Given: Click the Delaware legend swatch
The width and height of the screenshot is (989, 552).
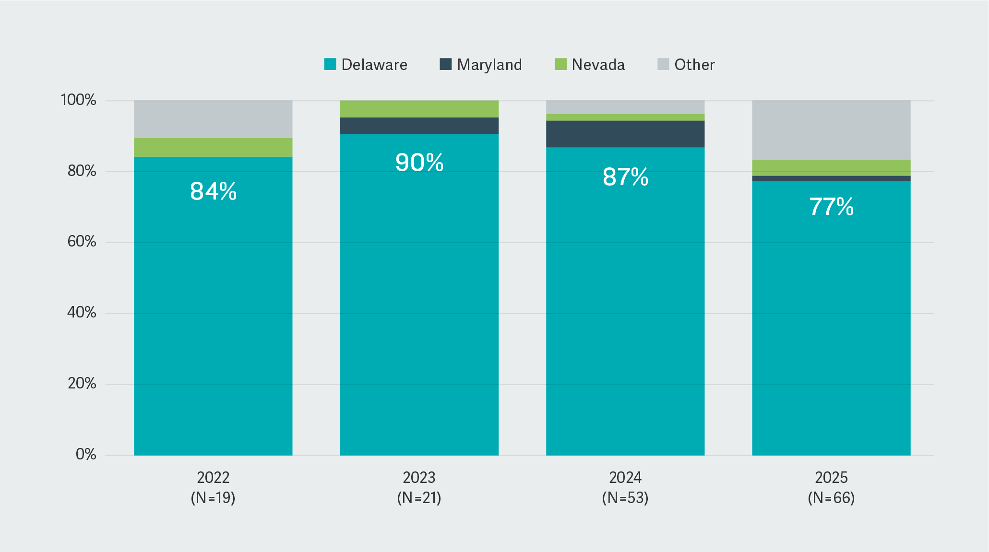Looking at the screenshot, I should [x=330, y=64].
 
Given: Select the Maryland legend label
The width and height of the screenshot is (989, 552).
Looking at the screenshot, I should [x=489, y=65].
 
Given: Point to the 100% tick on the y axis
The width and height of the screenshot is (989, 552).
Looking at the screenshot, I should [x=79, y=100].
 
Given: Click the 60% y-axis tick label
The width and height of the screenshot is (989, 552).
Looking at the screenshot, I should [x=82, y=242].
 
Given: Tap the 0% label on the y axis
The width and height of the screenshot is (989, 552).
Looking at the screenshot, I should [x=86, y=455].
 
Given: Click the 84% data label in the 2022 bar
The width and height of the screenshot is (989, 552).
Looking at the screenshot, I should [x=213, y=191].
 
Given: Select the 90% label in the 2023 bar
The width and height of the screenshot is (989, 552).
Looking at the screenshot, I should [x=419, y=163].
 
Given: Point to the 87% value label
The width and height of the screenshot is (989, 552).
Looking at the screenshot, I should [x=625, y=177].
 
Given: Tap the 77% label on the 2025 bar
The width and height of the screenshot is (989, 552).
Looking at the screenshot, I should [x=831, y=207].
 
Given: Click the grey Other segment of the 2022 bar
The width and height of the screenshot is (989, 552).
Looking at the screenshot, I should [x=213, y=119].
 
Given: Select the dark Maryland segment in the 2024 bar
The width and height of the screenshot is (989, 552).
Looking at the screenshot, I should [x=625, y=134].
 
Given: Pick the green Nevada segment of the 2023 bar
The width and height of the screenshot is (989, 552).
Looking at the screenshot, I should [x=419, y=109].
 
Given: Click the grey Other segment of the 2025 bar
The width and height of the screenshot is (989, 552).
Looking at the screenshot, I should [x=831, y=129].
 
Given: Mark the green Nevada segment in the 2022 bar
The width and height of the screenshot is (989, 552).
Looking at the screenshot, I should [x=213, y=147].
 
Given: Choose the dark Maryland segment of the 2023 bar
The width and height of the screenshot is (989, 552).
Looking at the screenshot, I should [x=419, y=126].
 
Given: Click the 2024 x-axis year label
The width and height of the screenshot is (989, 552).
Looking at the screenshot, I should [x=625, y=478].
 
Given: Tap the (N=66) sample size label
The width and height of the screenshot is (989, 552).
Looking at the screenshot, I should [x=831, y=498].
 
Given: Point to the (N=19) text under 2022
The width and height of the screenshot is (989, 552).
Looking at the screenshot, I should [x=213, y=498].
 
